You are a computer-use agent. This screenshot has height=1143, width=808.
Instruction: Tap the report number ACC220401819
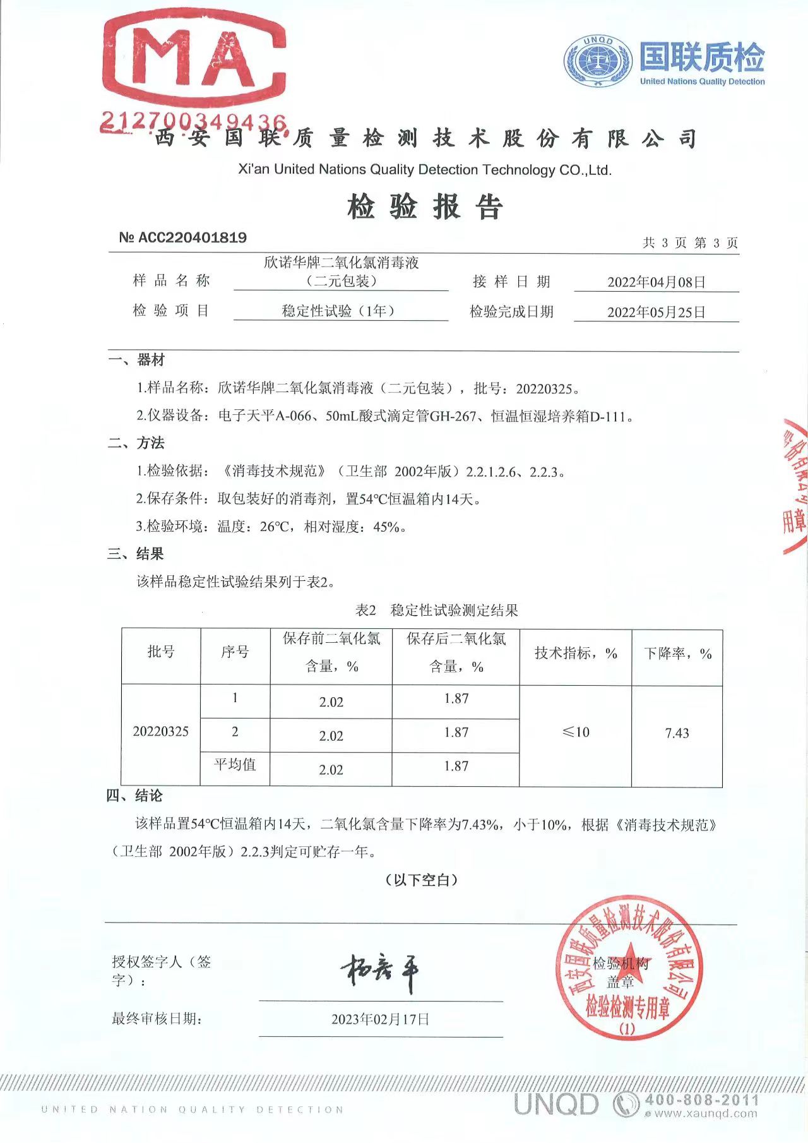point(183,237)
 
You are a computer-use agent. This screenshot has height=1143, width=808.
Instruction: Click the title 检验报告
point(424,206)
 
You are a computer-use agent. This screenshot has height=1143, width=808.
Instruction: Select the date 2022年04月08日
point(656,282)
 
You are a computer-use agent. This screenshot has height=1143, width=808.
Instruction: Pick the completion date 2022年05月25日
point(656,312)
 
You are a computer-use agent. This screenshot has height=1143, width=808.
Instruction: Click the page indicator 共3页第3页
point(690,243)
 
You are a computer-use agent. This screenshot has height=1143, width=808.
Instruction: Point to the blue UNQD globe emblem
point(597,61)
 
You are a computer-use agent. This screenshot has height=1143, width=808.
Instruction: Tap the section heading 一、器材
point(136,360)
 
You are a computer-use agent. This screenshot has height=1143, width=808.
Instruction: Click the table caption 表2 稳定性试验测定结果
point(436,610)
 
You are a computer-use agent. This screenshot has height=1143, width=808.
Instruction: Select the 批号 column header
point(161,652)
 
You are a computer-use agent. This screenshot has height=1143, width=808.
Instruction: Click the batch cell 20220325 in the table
point(161,731)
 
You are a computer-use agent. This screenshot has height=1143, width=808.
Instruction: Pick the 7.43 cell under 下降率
point(677,733)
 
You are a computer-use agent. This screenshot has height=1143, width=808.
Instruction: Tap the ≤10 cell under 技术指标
point(576,732)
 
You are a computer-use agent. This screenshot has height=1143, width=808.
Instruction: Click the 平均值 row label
point(235,765)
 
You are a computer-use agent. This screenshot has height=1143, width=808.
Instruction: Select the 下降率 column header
point(677,654)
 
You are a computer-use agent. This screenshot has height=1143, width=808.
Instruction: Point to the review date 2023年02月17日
point(380,1019)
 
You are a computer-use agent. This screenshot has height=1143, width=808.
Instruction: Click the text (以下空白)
point(421,880)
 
